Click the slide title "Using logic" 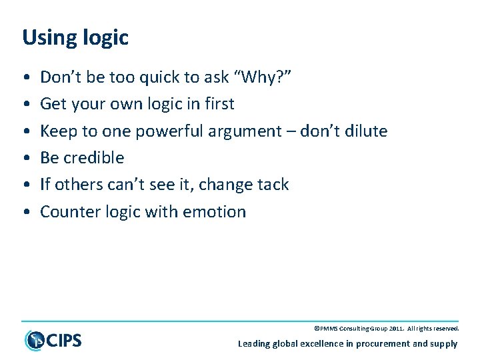(75, 38)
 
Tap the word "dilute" (365, 131)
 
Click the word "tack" (273, 185)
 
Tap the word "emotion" (215, 212)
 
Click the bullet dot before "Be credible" (25, 159)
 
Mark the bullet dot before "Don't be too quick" (25, 78)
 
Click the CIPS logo (53, 340)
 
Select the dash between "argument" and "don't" (291, 132)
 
